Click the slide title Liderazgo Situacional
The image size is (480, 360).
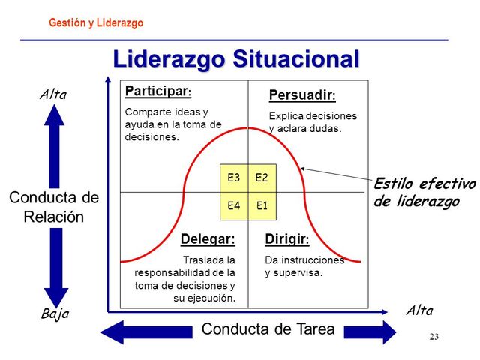point(235,58)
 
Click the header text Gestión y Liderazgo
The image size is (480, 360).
point(95,23)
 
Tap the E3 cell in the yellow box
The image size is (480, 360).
point(233,178)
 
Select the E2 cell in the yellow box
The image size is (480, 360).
point(262,178)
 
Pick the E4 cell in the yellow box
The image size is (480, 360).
point(233,205)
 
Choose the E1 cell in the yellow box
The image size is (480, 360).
point(262,205)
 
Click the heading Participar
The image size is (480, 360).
point(157,91)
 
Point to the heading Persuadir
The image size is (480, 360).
point(301,95)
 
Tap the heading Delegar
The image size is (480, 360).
point(208,239)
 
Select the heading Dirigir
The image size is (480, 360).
point(286,239)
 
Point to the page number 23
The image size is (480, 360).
point(433,336)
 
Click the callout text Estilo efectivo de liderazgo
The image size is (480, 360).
point(424,193)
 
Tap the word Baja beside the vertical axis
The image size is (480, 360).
point(53,312)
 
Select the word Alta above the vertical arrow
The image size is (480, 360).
point(53,94)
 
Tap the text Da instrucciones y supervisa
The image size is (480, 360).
point(304,266)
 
